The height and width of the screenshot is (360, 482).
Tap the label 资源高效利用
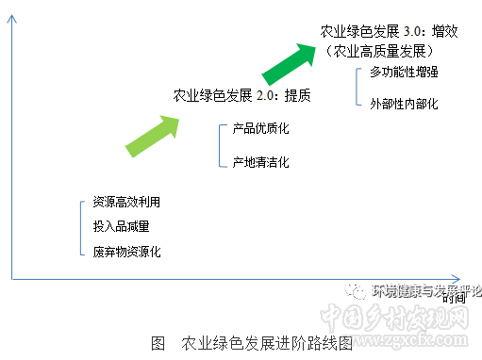(126, 203)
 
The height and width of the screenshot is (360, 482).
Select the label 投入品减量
(121, 227)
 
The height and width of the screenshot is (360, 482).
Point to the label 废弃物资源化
(126, 252)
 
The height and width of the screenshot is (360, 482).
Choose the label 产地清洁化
(259, 162)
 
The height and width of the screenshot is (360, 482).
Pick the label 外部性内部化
(404, 103)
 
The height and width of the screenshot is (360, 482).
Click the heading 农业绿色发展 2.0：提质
(241, 94)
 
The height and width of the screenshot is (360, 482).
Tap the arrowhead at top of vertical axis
(11, 13)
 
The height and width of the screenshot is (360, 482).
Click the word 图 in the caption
(158, 342)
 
